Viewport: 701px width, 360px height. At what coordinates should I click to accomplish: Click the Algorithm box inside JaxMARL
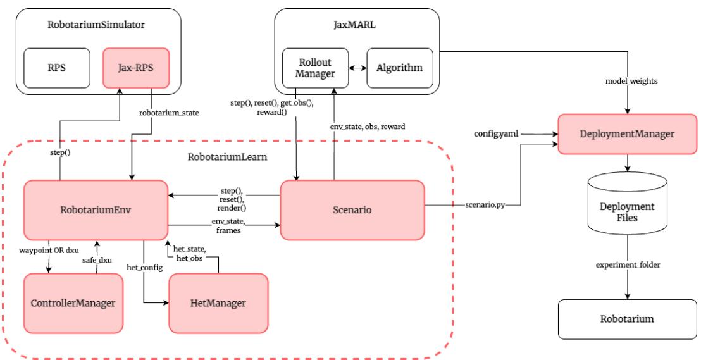[399, 68]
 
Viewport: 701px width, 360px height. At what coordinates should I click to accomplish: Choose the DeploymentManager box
[626, 133]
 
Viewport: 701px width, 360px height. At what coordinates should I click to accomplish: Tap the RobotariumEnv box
[95, 210]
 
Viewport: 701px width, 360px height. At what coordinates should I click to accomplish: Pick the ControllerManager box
[73, 303]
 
